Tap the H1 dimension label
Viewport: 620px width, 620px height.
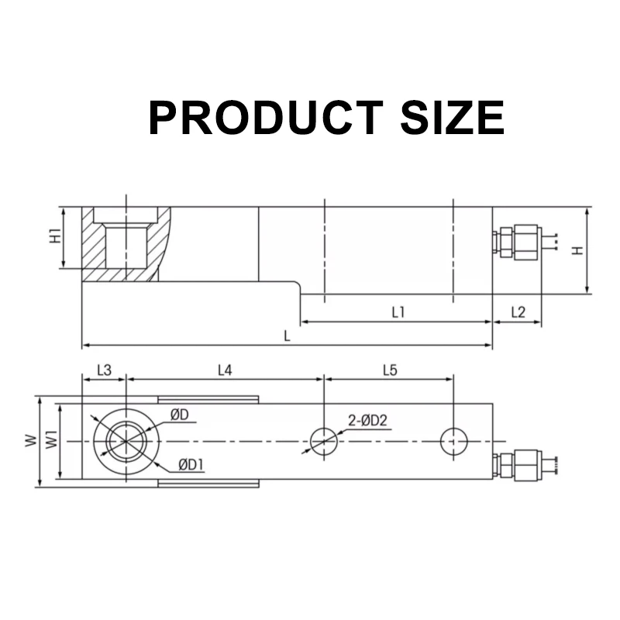54,237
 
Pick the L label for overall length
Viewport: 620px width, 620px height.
287,336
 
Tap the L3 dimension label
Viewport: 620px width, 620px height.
105,370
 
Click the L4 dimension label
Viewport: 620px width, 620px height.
224,370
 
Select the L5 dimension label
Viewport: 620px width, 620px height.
390,370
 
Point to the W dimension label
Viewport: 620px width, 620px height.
29,442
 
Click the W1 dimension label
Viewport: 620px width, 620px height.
51,442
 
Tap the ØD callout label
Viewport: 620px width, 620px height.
180,415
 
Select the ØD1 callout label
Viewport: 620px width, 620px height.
191,464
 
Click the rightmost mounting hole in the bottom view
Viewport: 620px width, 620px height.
453,441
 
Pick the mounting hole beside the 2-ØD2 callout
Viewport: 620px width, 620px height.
323,441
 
